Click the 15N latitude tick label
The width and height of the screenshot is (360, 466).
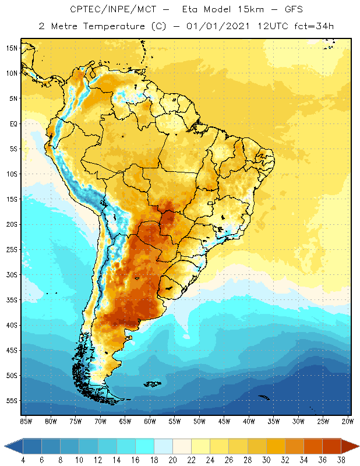tap(12, 48)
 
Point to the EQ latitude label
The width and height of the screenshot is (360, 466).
tap(13, 123)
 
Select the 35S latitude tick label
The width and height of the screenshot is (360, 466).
tap(12, 300)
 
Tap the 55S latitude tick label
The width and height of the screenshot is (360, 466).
tap(12, 401)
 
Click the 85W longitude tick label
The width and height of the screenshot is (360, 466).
tap(26, 421)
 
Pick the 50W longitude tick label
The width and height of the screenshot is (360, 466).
tap(199, 421)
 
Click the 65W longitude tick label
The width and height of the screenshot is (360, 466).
tap(125, 421)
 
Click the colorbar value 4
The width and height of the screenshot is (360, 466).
tap(23, 460)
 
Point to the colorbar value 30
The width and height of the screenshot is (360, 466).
tap(266, 460)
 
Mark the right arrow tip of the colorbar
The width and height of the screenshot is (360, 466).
tap(358, 446)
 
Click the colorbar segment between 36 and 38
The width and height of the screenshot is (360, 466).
tap(332, 446)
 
